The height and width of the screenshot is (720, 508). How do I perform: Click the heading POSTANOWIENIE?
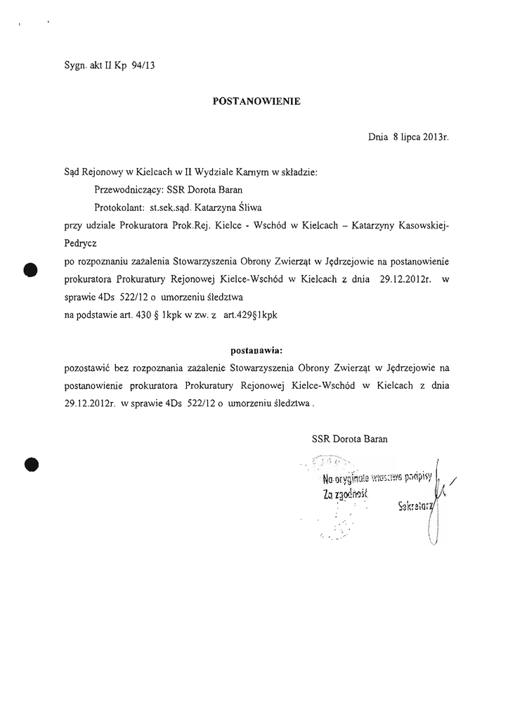pos(256,101)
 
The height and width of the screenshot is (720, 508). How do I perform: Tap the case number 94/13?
pos(143,67)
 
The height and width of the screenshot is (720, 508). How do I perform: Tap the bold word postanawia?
pos(256,349)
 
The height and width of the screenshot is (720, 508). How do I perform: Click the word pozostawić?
pos(86,367)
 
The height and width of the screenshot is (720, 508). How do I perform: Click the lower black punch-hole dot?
pos(30,463)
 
